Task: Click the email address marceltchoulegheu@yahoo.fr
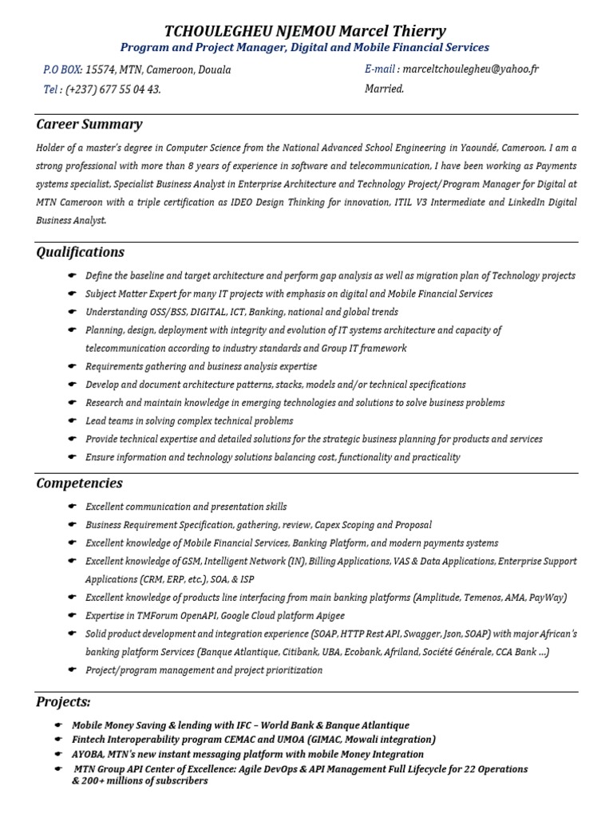[x=471, y=69]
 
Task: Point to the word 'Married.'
[x=385, y=89]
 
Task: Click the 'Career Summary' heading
[x=89, y=124]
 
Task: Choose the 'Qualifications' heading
[x=81, y=252]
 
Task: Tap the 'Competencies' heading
[x=80, y=483]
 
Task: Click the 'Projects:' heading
[x=64, y=701]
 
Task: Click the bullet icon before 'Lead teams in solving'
[x=72, y=421]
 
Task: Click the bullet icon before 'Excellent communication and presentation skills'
[x=72, y=507]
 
